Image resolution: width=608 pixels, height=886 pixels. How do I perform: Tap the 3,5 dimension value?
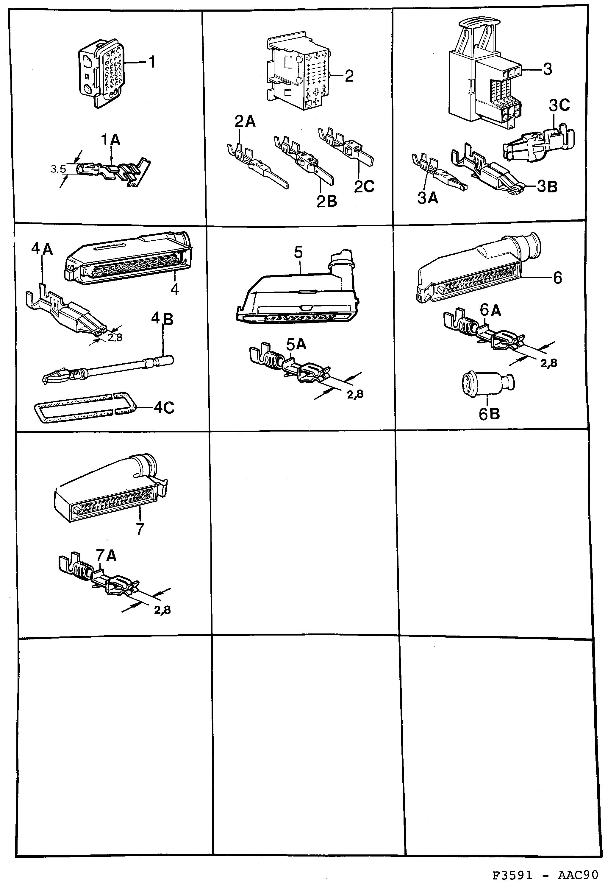click(x=58, y=169)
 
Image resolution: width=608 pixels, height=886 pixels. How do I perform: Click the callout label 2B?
click(x=326, y=201)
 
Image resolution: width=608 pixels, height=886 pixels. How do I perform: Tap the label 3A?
click(x=427, y=198)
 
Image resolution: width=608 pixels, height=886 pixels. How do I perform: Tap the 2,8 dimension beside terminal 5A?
click(x=355, y=395)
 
